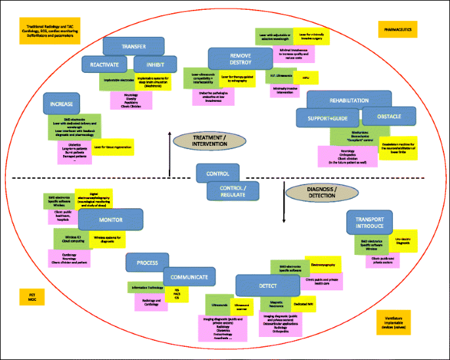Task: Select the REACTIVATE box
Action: tap(104, 64)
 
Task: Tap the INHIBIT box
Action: tap(155, 64)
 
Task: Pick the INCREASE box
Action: tap(61, 104)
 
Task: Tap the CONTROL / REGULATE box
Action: tap(233, 191)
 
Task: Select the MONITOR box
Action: tap(110, 218)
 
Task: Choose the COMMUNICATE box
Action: tap(189, 277)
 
